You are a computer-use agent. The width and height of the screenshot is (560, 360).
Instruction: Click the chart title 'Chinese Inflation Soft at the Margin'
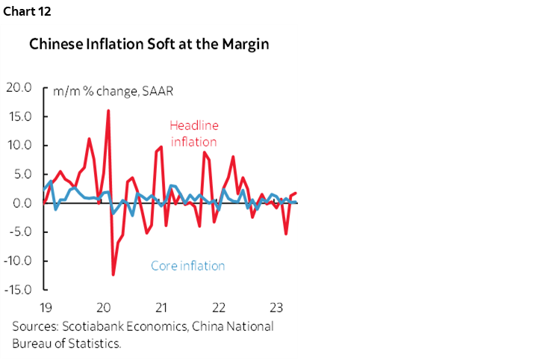(x=149, y=44)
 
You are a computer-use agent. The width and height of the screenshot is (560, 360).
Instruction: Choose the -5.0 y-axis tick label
(x=22, y=232)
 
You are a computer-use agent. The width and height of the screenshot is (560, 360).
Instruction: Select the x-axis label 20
(x=104, y=308)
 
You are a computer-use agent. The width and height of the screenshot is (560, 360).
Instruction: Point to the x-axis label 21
(x=161, y=308)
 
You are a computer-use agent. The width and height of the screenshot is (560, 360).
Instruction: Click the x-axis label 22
(x=218, y=308)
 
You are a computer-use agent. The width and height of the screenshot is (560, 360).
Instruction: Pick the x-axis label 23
(x=275, y=308)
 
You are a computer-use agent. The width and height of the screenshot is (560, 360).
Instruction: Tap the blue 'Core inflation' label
(x=187, y=266)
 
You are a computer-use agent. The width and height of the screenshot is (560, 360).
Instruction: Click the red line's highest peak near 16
(x=108, y=111)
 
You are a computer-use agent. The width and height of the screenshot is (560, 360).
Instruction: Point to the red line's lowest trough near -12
(x=113, y=274)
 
